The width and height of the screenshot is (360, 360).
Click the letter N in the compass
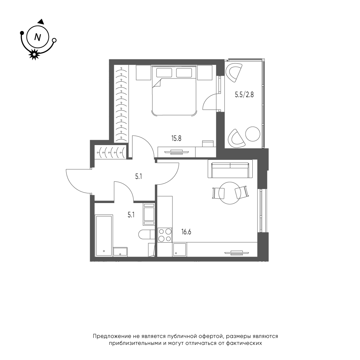37,37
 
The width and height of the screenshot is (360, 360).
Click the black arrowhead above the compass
41,22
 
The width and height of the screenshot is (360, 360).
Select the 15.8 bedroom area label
176,139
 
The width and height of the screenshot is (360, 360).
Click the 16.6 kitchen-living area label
186,232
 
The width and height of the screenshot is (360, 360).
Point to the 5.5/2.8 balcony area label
244,95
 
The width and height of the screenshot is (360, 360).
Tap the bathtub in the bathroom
104,235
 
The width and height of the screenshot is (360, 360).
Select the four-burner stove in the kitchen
165,235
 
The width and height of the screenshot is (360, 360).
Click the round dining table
230,193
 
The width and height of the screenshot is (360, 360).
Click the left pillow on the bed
164,73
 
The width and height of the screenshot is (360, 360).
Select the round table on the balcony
253,134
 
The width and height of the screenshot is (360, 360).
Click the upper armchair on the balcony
234,73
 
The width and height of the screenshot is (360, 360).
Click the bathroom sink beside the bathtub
120,252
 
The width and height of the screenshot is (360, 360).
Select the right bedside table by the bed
204,73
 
